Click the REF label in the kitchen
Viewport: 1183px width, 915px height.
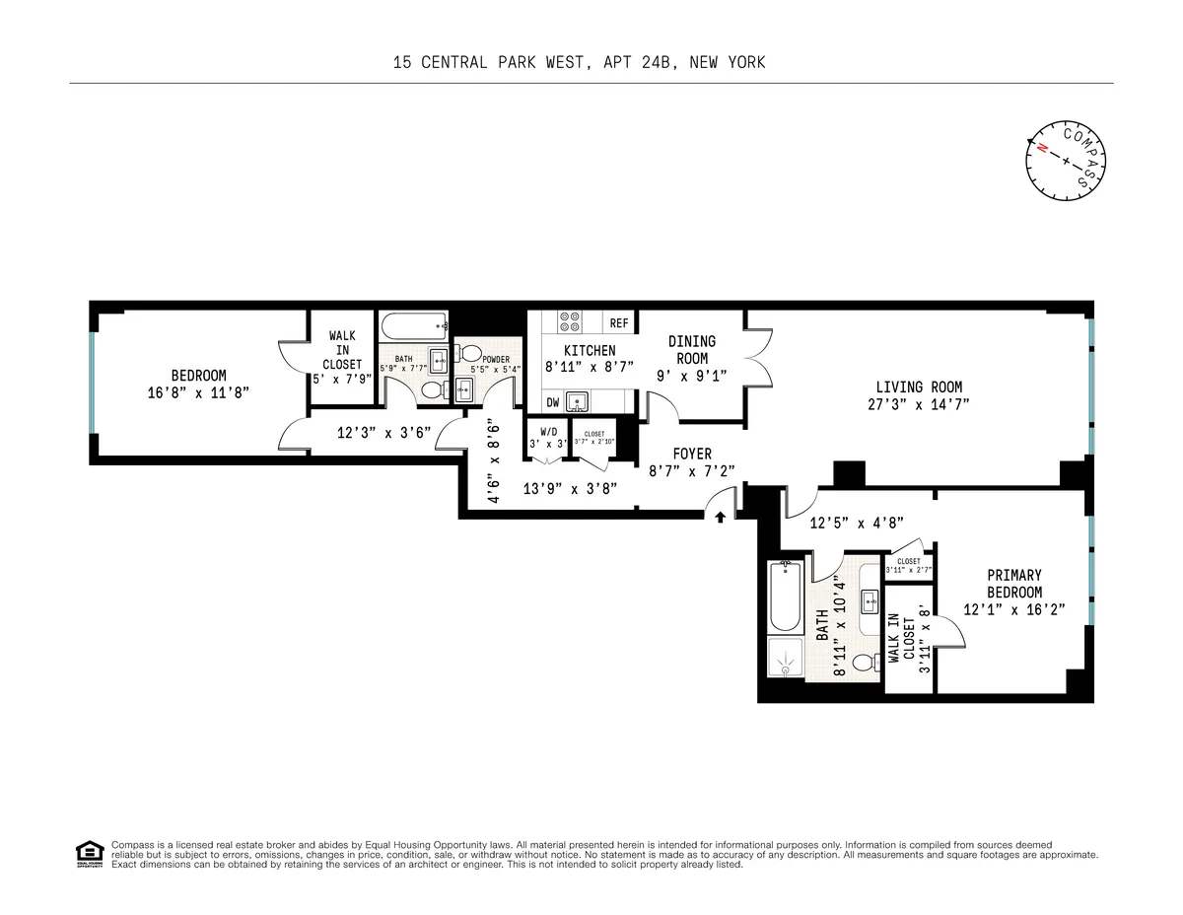[619, 323]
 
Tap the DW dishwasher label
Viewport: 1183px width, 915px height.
[554, 402]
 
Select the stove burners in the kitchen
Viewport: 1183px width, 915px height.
[569, 322]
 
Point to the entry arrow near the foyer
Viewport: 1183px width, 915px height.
[721, 515]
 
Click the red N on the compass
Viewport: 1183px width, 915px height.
[1040, 148]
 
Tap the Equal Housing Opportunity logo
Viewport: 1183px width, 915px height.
[89, 853]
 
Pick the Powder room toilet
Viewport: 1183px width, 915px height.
[470, 354]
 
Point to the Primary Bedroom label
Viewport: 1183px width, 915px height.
[1014, 584]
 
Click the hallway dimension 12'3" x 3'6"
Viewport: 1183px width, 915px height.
[371, 431]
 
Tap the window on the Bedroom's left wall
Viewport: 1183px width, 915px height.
[92, 383]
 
